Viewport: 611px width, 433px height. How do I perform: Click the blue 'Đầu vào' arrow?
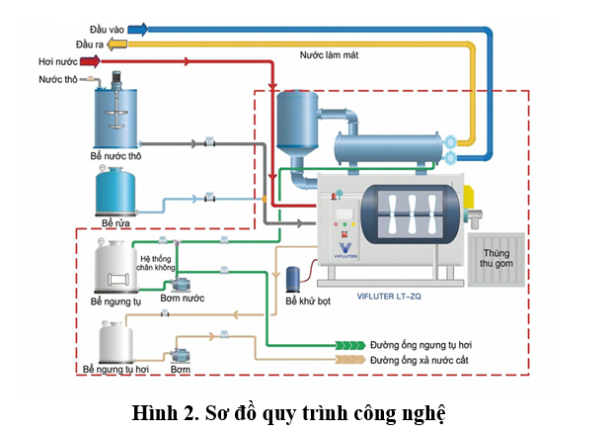point(138,30)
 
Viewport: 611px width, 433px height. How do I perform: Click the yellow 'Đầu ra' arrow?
point(116,44)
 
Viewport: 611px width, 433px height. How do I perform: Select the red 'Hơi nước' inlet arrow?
point(91,61)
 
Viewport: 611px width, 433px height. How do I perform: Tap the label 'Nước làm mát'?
point(329,55)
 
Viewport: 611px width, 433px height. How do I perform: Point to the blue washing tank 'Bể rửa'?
point(115,191)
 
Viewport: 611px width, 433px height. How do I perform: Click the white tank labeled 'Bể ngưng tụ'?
point(115,267)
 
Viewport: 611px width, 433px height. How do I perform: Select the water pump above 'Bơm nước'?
point(181,285)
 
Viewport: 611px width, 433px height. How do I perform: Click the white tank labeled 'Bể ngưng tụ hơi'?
point(115,343)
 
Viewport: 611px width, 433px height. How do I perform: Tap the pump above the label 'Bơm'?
point(181,355)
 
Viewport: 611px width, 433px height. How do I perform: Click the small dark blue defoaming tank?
point(293,279)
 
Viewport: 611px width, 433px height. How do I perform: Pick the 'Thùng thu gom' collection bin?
point(496,259)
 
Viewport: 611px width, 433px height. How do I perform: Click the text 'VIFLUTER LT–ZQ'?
point(389,297)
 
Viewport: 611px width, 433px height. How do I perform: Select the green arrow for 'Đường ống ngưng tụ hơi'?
point(350,345)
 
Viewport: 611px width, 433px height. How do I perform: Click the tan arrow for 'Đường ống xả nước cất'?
point(350,360)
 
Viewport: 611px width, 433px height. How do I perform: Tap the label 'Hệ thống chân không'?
point(156,263)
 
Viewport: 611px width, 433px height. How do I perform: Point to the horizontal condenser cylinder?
point(389,149)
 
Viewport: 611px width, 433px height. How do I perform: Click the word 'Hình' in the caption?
point(152,412)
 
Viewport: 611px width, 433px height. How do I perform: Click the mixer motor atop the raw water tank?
point(116,79)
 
